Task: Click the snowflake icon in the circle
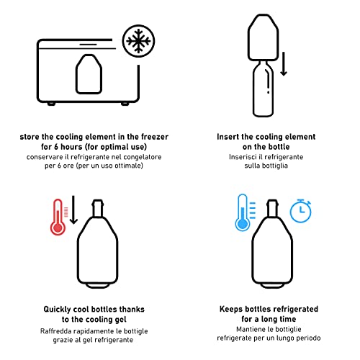(x=138, y=41)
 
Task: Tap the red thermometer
(x=58, y=217)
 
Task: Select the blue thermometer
(x=243, y=212)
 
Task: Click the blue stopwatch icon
(x=301, y=211)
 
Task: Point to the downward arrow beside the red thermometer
(x=73, y=210)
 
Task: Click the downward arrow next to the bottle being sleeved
(x=284, y=63)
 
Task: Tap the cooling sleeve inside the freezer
(x=89, y=74)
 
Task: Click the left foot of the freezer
(x=51, y=104)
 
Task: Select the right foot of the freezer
(x=125, y=104)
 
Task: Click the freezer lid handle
(x=88, y=45)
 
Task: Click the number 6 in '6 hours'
(x=57, y=147)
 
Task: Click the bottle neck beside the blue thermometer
(x=273, y=208)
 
